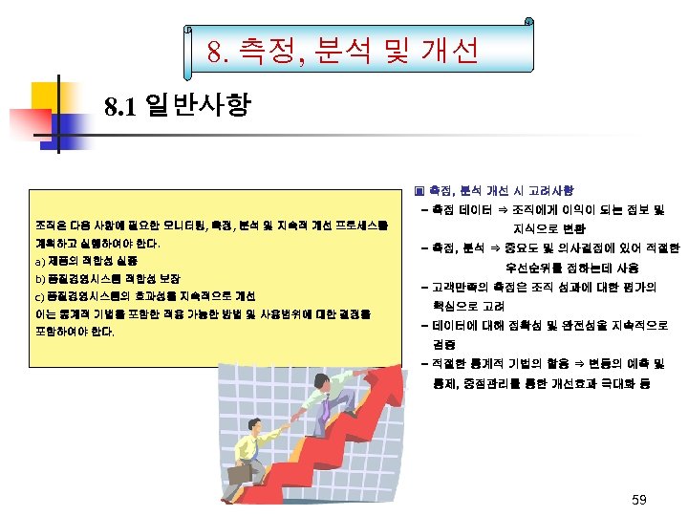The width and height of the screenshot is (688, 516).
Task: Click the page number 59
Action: [639, 500]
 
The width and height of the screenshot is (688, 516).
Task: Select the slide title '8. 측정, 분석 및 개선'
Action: [343, 51]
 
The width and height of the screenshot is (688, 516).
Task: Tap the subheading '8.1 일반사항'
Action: [178, 104]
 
